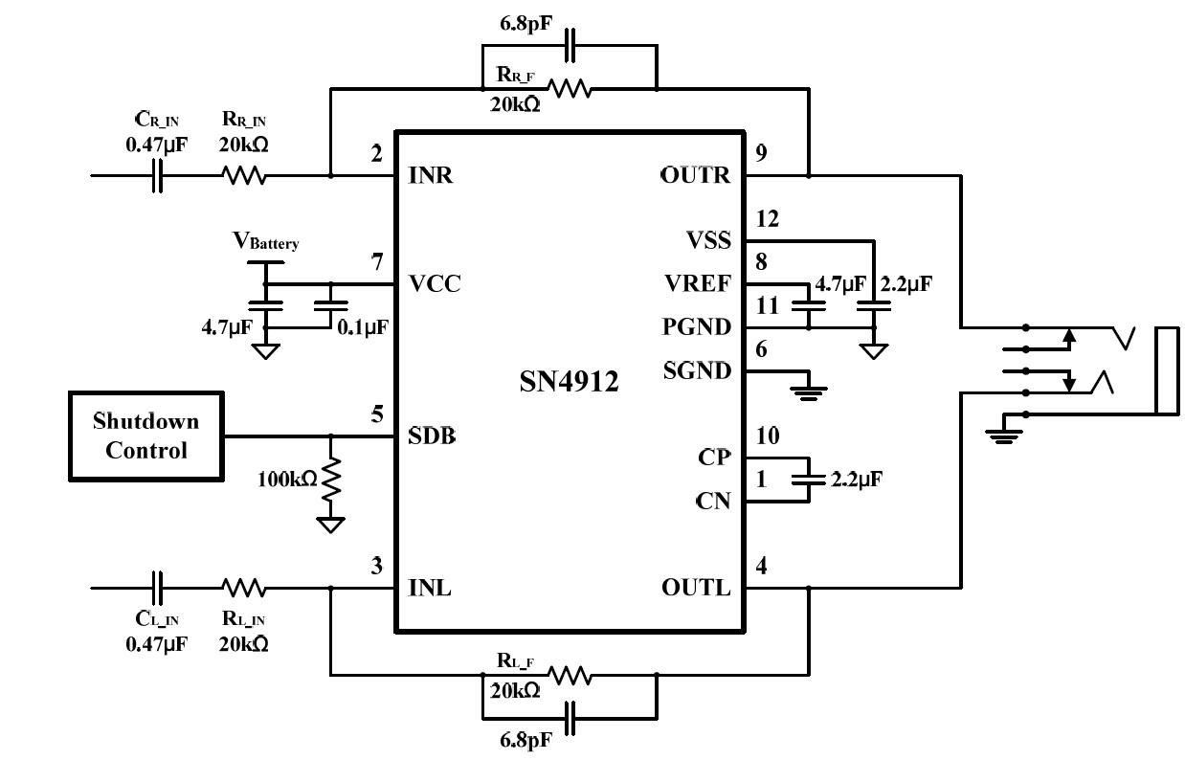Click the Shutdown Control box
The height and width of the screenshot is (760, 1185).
pyautogui.click(x=145, y=436)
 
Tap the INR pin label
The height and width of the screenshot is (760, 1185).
pyautogui.click(x=431, y=176)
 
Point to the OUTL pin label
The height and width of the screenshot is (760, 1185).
pyautogui.click(x=696, y=588)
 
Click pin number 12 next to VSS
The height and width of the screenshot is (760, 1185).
pyautogui.click(x=767, y=219)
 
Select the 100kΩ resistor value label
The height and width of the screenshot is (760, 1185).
pyautogui.click(x=287, y=479)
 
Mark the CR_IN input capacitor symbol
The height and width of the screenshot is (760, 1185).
pyautogui.click(x=159, y=176)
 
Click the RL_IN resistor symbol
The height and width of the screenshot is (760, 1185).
pyautogui.click(x=244, y=587)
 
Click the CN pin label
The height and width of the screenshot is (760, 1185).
pyautogui.click(x=713, y=500)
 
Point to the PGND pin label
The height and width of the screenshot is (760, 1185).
pyautogui.click(x=697, y=327)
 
